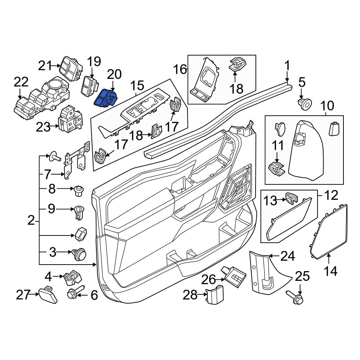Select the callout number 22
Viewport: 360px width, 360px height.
(x=21, y=82)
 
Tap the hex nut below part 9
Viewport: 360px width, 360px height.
(x=81, y=234)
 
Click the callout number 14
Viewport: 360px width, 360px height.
(x=330, y=271)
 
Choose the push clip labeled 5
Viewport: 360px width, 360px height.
(x=305, y=104)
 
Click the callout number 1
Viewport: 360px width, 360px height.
(x=287, y=66)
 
